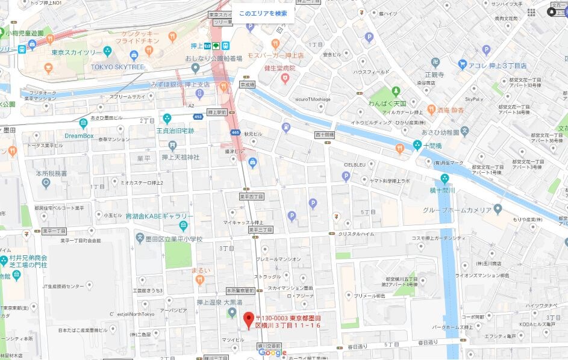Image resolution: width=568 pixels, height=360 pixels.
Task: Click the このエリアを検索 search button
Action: click(263, 13)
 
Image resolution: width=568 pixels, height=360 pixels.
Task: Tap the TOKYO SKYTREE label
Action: click(117, 67)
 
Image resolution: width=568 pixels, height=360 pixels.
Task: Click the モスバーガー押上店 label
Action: click(275, 55)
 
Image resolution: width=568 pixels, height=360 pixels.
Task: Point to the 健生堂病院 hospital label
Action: click(280, 69)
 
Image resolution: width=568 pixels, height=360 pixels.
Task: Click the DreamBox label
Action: click(79, 135)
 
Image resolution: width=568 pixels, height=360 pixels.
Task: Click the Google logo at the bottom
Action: click(273, 353)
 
